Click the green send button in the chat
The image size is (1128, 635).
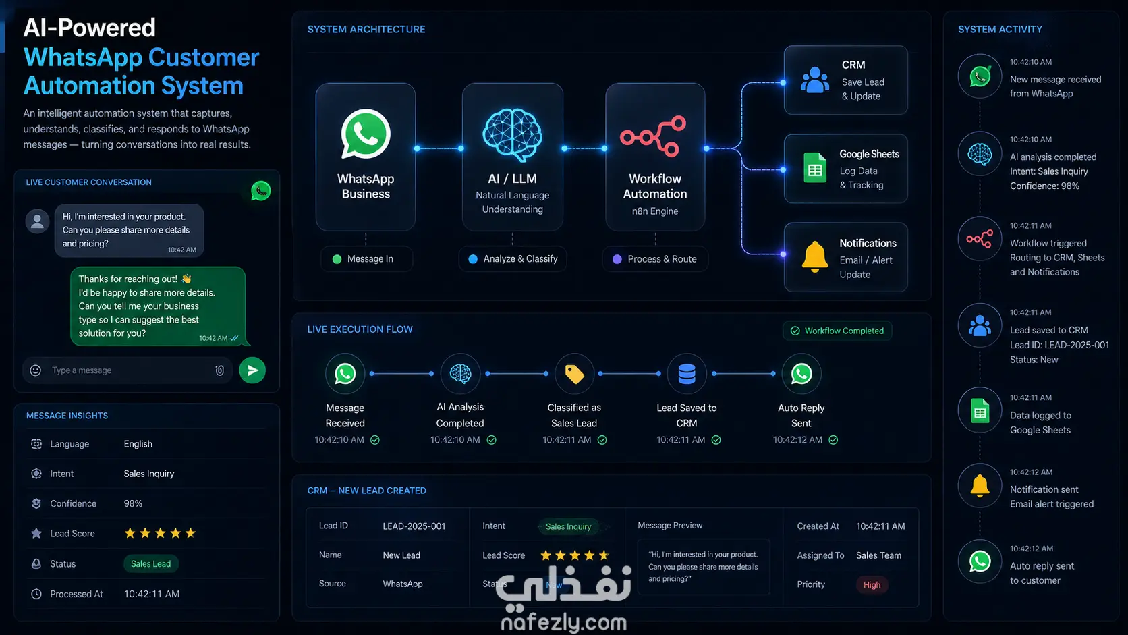[x=252, y=370]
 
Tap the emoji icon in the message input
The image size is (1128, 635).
[x=35, y=370]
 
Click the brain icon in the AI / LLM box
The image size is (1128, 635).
[x=512, y=134]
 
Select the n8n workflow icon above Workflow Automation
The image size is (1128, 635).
[x=653, y=136]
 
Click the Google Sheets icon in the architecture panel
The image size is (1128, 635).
[x=815, y=167]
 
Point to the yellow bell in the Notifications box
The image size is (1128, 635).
[x=815, y=257]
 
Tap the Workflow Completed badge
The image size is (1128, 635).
[x=837, y=331]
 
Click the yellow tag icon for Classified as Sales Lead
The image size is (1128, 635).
[x=574, y=374]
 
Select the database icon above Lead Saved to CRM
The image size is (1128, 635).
[x=687, y=374]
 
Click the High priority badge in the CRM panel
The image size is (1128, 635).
[x=872, y=584]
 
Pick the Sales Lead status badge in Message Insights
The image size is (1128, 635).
[x=150, y=564]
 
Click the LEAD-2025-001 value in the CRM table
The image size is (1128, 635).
[x=414, y=526]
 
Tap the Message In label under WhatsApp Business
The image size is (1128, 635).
[x=370, y=259]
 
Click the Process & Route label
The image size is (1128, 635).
[x=662, y=259]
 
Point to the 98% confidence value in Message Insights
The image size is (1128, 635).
[x=133, y=503]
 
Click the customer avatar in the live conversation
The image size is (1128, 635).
[x=37, y=221]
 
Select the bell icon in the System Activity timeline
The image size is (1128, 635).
[x=980, y=486]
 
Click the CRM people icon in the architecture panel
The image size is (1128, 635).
[x=815, y=80]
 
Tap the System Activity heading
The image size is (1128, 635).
[x=1000, y=29]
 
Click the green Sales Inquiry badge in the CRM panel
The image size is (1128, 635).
[x=568, y=527]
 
